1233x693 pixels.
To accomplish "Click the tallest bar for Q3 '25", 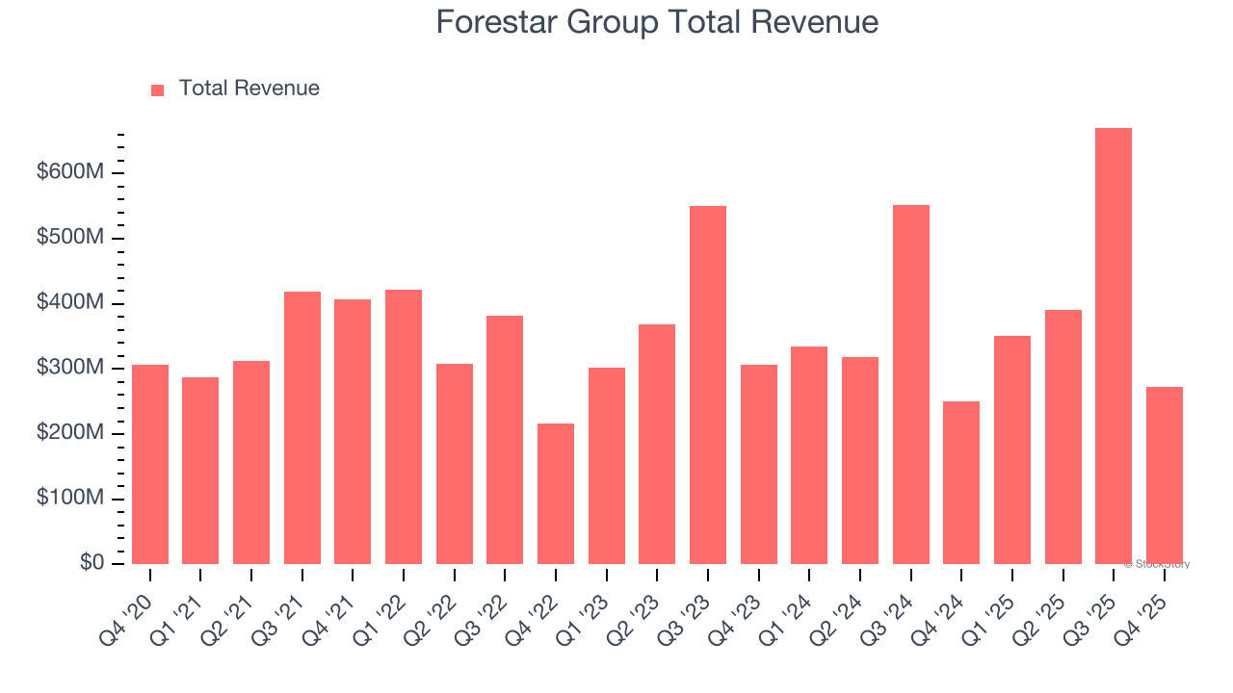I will (1114, 346).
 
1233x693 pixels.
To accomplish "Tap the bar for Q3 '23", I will (708, 385).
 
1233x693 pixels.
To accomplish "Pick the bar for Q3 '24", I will (911, 385).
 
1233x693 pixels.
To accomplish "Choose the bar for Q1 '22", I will (404, 427).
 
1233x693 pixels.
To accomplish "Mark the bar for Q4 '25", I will (1165, 475).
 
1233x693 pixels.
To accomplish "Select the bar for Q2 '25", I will (1063, 437).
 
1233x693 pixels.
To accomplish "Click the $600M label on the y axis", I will (70, 173).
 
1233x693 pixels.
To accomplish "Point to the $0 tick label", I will (92, 563).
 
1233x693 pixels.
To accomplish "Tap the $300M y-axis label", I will (70, 369).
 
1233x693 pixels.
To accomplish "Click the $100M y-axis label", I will (70, 499).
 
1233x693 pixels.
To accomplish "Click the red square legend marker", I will (158, 90).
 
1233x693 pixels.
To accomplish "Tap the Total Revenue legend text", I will (249, 89).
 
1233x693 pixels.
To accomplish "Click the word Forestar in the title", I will (499, 22).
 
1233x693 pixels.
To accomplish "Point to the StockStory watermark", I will (1157, 564).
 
